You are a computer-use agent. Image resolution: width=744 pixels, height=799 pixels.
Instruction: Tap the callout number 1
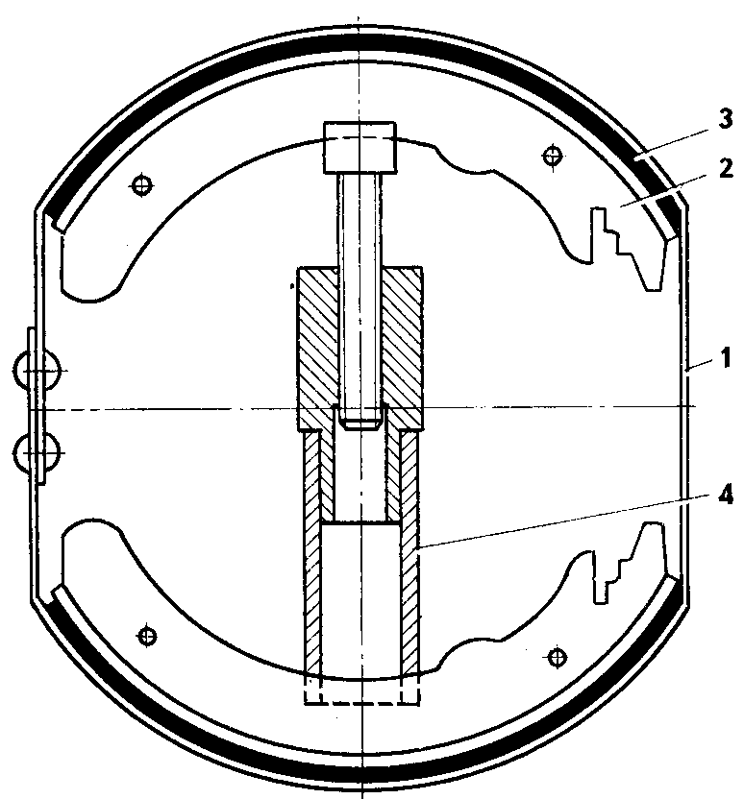coord(726,360)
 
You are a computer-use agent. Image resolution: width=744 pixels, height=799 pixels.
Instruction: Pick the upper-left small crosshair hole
coord(143,183)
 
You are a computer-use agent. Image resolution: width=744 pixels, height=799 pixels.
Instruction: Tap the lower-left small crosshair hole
coord(147,634)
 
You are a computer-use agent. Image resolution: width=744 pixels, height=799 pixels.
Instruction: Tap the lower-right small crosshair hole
coord(555,656)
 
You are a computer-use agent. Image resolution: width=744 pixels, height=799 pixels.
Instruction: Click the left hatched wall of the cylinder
coord(312,557)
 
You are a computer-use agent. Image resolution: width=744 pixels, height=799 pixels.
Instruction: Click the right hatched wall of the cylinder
coord(410,557)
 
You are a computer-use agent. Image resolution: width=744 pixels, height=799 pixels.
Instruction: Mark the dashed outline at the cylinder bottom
coord(361,693)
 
